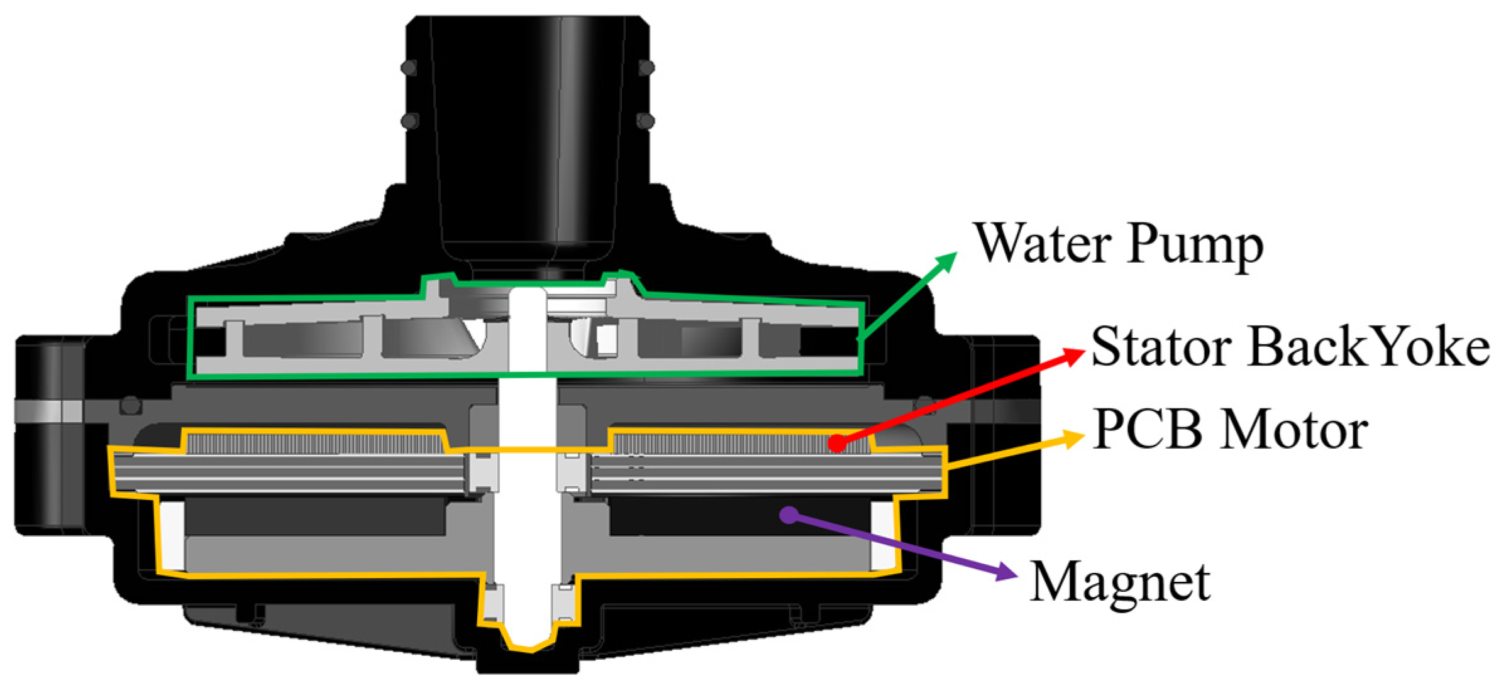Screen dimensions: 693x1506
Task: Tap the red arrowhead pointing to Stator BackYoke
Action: pyautogui.click(x=1073, y=356)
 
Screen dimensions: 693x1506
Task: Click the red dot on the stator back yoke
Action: pyautogui.click(x=837, y=443)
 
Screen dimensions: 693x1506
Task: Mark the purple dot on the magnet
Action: pyautogui.click(x=789, y=515)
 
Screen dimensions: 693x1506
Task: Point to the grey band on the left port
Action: pyautogui.click(x=48, y=411)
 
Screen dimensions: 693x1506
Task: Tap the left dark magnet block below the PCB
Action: pyautogui.click(x=314, y=518)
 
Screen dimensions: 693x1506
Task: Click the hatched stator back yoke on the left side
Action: pyautogui.click(x=314, y=444)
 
